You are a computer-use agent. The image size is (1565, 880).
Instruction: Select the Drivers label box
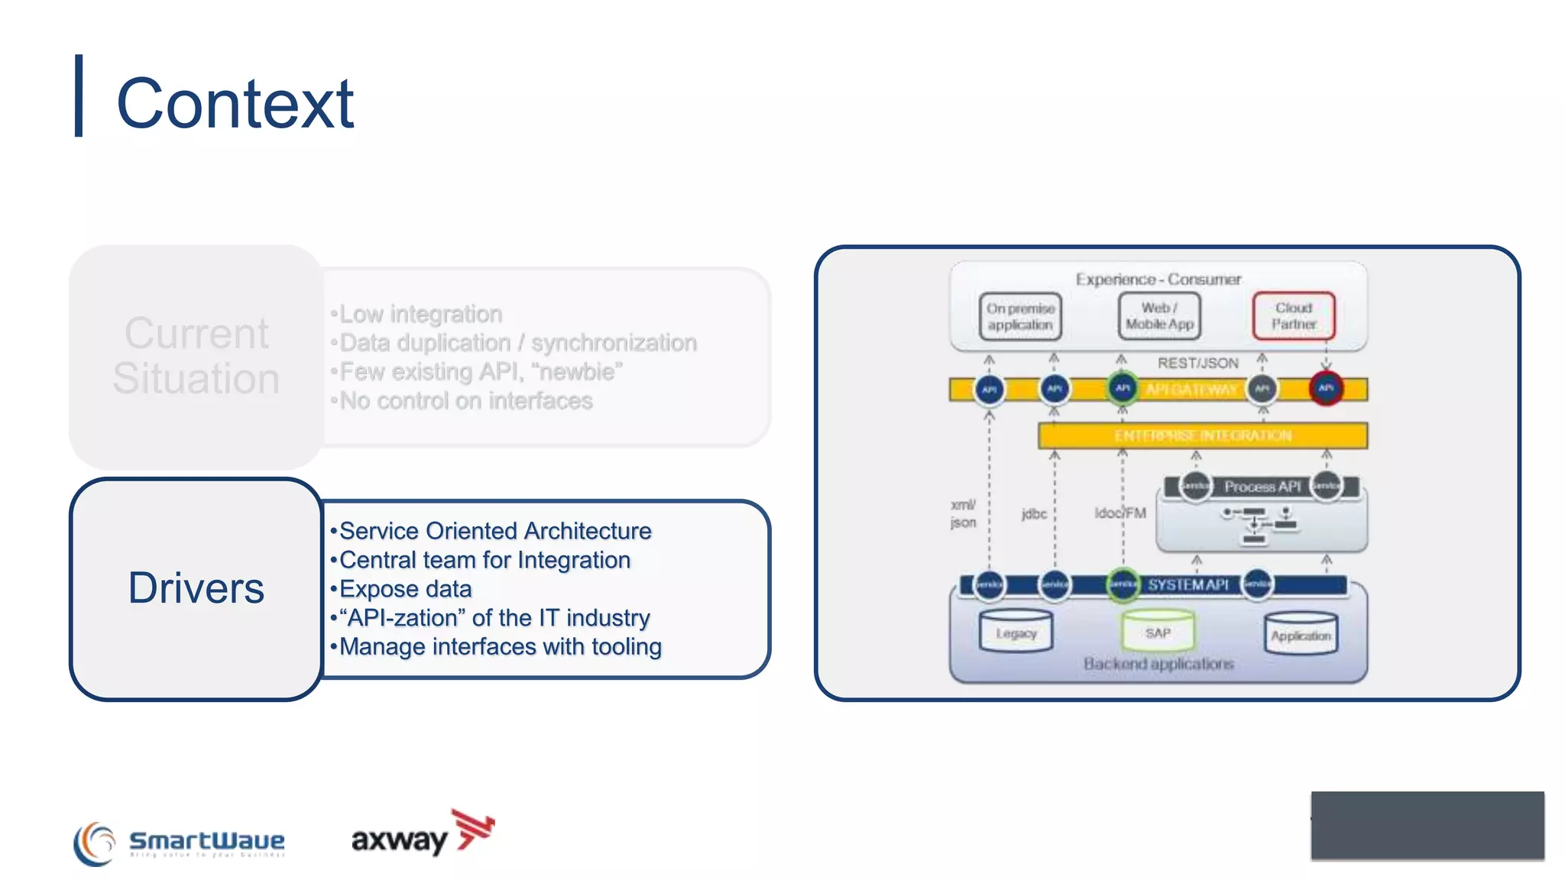pyautogui.click(x=196, y=588)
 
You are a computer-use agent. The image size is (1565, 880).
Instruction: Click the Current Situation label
pyautogui.click(x=196, y=356)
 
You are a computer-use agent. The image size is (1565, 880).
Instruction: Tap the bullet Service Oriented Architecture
pyautogui.click(x=494, y=531)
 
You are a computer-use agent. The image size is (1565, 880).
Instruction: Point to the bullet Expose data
pyautogui.click(x=405, y=589)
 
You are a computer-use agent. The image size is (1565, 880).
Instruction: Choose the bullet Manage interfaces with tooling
pyautogui.click(x=500, y=647)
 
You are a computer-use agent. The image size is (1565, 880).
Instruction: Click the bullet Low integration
pyautogui.click(x=420, y=314)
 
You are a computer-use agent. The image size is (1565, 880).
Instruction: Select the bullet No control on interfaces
pyautogui.click(x=465, y=401)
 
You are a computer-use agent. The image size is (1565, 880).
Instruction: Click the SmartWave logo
pyautogui.click(x=180, y=843)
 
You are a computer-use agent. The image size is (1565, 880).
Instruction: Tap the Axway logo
pyautogui.click(x=423, y=835)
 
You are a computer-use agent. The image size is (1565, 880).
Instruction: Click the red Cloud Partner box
pyautogui.click(x=1294, y=315)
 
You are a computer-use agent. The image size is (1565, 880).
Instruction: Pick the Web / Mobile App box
pyautogui.click(x=1159, y=315)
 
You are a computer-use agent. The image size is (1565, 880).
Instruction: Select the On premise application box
pyautogui.click(x=1020, y=316)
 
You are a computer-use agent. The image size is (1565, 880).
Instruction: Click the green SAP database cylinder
pyautogui.click(x=1158, y=630)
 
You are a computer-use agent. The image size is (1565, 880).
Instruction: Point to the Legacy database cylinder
pyautogui.click(x=1016, y=632)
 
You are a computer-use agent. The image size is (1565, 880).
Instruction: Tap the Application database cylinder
pyautogui.click(x=1301, y=634)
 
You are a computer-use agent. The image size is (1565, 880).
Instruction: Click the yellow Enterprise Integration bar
pyautogui.click(x=1202, y=435)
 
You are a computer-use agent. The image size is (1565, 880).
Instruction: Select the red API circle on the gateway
pyautogui.click(x=1326, y=388)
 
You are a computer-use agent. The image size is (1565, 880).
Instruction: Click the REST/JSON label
pyautogui.click(x=1197, y=363)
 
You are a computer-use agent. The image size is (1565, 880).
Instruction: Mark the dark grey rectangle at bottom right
pyautogui.click(x=1427, y=825)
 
